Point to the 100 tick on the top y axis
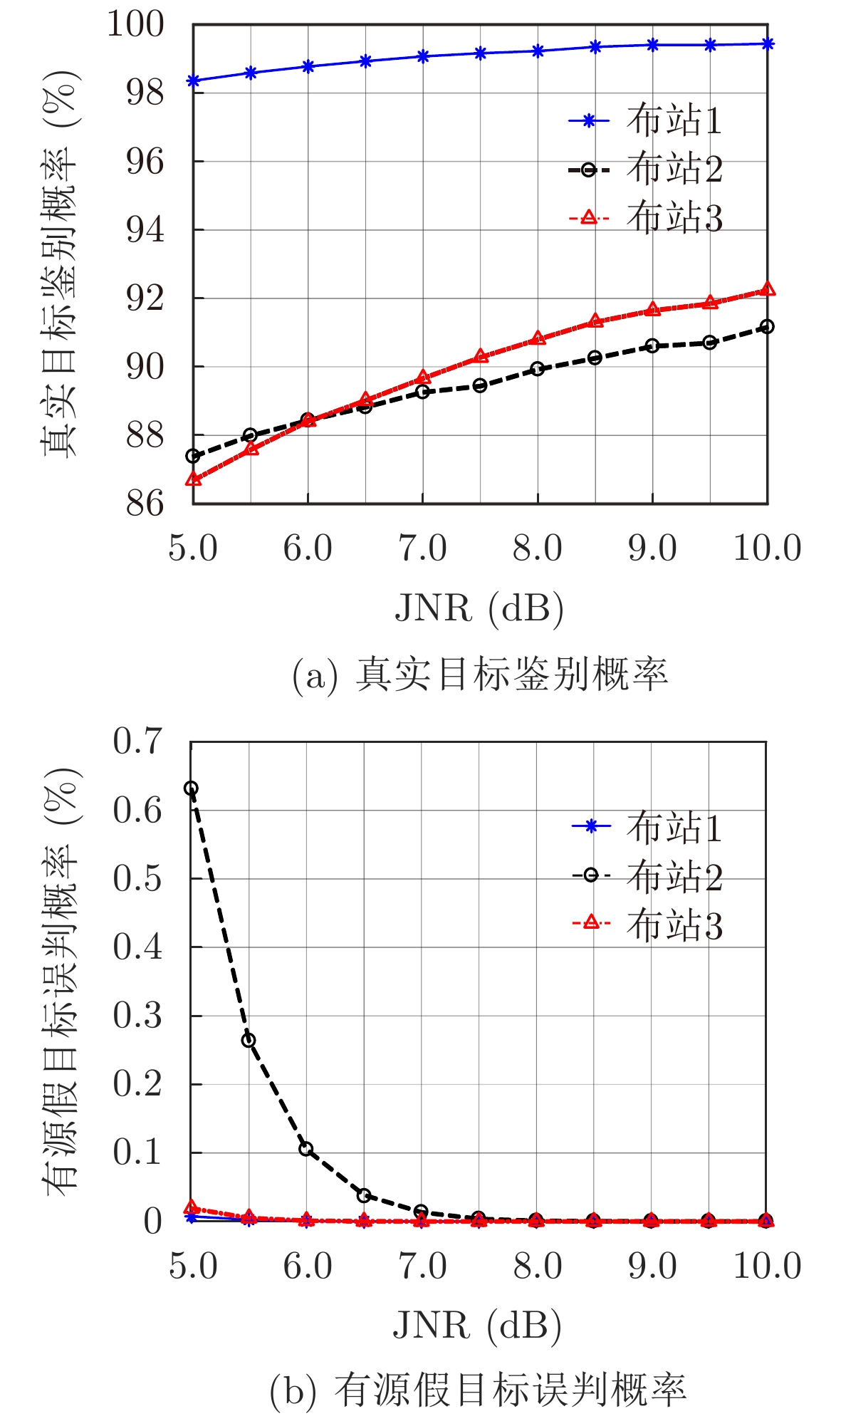point(135,24)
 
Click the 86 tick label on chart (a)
point(145,504)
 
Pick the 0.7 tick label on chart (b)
point(137,741)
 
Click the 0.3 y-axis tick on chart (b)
point(137,1016)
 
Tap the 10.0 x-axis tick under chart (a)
point(767,549)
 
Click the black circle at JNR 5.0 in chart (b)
point(191,788)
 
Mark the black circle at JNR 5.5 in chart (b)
point(249,1040)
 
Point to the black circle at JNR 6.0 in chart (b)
point(306,1149)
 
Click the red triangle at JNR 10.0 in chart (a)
point(768,289)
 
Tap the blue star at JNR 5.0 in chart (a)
point(193,80)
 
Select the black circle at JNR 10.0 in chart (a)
point(767,326)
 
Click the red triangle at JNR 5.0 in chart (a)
point(193,479)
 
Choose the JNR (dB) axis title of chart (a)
point(479,609)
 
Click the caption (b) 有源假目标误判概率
point(478,1389)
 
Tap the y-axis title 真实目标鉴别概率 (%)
point(60,264)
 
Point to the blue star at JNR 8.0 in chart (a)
point(538,51)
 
